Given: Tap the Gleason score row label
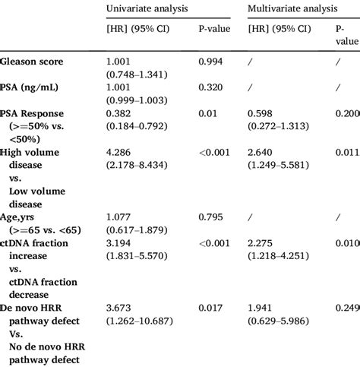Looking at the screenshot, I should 33,61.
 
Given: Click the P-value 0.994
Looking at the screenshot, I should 210,61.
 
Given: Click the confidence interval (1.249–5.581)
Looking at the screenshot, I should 283,166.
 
